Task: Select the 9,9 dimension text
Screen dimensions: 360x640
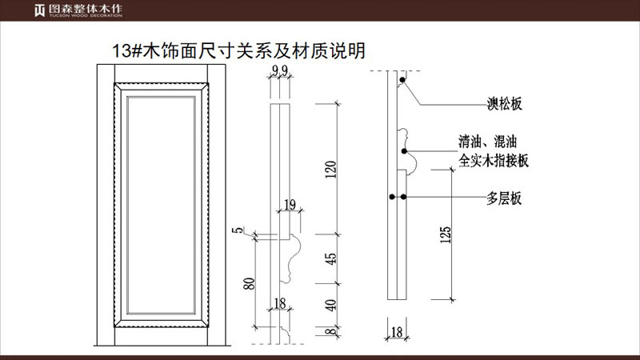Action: click(x=280, y=73)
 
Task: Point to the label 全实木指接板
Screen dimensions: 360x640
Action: click(x=494, y=160)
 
